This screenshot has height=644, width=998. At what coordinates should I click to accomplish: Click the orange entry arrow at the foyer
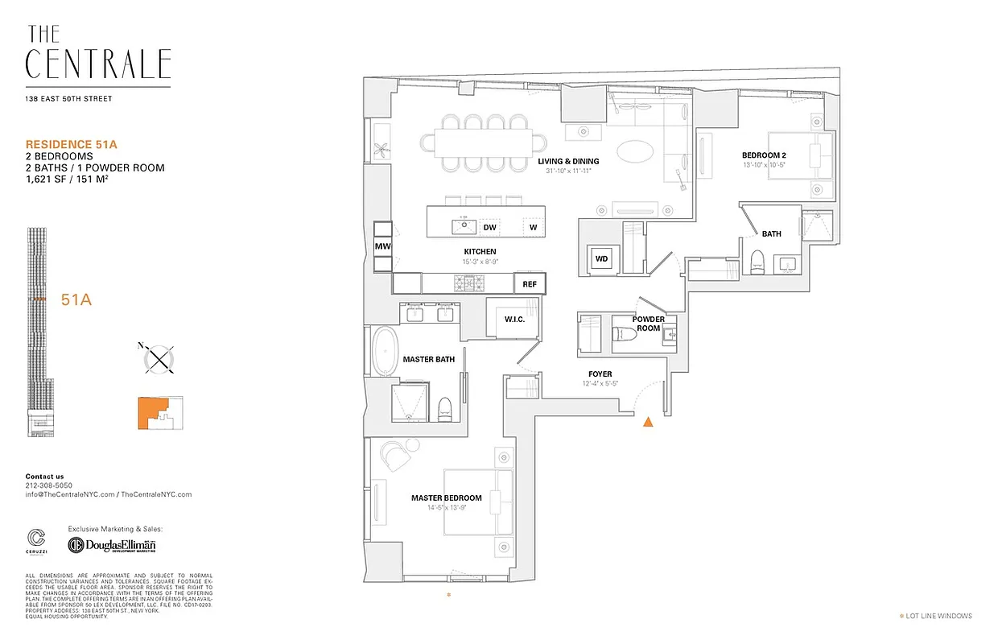click(x=648, y=421)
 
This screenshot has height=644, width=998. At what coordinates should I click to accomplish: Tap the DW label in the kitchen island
click(x=489, y=228)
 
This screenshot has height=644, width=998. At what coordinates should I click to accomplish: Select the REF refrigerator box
click(x=530, y=284)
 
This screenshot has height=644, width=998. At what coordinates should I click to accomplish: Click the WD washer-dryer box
click(x=601, y=259)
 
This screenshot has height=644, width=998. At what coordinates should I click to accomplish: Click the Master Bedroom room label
click(x=447, y=498)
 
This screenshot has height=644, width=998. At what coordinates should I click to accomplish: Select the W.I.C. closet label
click(x=515, y=320)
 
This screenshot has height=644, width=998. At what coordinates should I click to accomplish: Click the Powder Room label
click(x=648, y=324)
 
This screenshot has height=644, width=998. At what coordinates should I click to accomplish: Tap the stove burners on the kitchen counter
click(x=468, y=283)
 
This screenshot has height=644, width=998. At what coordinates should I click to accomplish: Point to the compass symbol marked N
click(x=161, y=357)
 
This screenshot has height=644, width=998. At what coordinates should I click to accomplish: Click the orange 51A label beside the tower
click(x=76, y=300)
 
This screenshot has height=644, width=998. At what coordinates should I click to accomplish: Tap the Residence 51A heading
click(x=72, y=144)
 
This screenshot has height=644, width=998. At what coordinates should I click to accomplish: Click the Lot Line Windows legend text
click(x=938, y=616)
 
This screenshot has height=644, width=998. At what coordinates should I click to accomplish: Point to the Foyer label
click(x=600, y=374)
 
